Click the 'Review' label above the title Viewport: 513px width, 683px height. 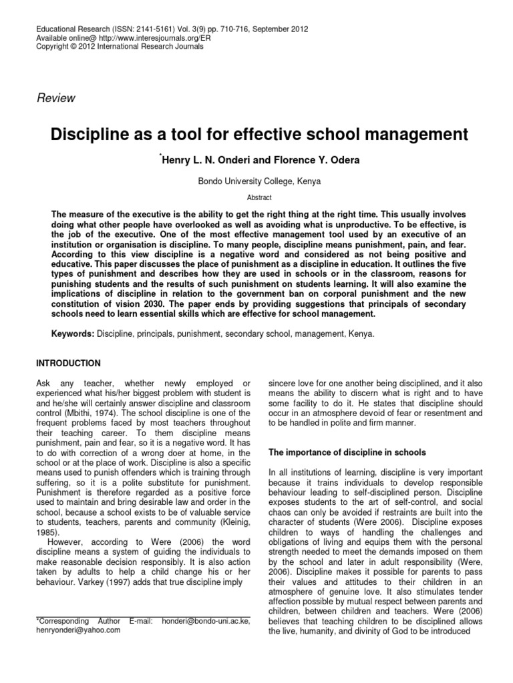(x=55, y=98)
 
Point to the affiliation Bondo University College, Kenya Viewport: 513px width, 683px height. (x=256, y=180)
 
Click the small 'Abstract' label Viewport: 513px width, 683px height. (x=256, y=198)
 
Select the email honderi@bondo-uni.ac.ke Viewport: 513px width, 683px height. (x=205, y=621)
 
